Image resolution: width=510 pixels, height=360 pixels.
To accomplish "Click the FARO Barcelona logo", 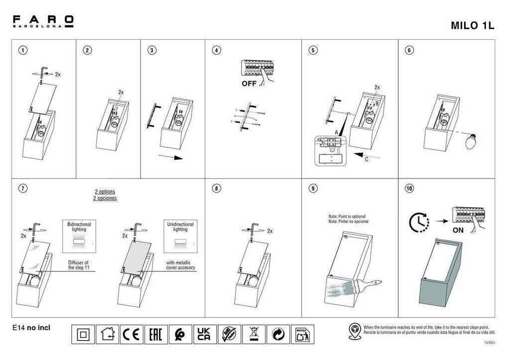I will tap(43, 21).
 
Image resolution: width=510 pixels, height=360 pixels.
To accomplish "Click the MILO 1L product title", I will tap(472, 26).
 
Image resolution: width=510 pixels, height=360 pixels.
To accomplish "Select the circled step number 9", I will tap(313, 188).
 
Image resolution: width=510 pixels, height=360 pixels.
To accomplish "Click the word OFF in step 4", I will tap(249, 84).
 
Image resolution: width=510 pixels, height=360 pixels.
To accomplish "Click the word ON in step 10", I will tap(458, 231).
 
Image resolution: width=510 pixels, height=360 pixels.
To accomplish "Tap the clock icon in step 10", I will tap(419, 223).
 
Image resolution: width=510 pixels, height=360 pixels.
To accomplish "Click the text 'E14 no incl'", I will tap(31, 328).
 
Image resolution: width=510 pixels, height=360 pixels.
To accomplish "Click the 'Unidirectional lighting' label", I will tap(180, 227).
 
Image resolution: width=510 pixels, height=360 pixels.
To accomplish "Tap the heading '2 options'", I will tap(105, 192).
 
